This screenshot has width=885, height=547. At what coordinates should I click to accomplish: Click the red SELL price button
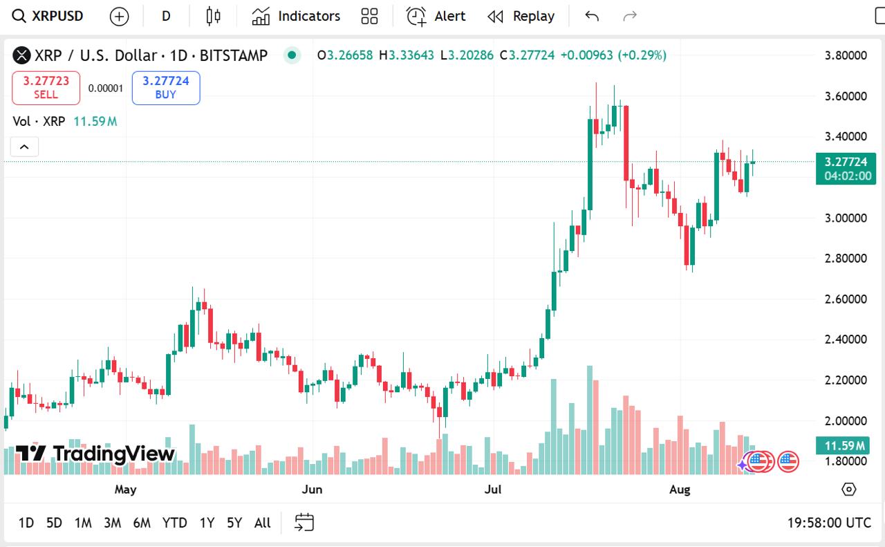(46, 88)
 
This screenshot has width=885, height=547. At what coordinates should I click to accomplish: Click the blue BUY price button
(166, 88)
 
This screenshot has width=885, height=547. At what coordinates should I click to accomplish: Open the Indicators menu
(296, 16)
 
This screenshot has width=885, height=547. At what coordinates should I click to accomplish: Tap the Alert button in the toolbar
(436, 16)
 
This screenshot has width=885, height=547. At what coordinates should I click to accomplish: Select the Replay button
(521, 16)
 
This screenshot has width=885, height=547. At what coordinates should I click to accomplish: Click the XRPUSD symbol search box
(48, 16)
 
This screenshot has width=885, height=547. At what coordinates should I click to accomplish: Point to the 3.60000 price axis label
(846, 96)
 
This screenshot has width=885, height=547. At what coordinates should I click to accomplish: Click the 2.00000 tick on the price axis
(846, 420)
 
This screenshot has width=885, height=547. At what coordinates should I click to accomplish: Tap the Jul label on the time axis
(493, 490)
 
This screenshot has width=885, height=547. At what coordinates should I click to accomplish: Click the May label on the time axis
(125, 490)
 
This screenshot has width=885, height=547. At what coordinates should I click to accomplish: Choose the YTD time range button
(174, 523)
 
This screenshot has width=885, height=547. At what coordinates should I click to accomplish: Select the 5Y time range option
(234, 523)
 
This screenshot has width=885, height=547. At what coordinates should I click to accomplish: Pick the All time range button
(263, 523)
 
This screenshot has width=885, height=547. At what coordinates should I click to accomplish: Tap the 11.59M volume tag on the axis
(842, 445)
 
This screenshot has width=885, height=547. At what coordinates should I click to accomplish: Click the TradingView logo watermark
(95, 454)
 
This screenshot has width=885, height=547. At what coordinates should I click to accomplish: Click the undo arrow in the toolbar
(592, 16)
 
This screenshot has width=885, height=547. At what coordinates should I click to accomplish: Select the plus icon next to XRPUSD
(120, 16)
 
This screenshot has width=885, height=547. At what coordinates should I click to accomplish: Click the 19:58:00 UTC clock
(828, 523)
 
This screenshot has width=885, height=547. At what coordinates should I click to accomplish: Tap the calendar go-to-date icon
(304, 523)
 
